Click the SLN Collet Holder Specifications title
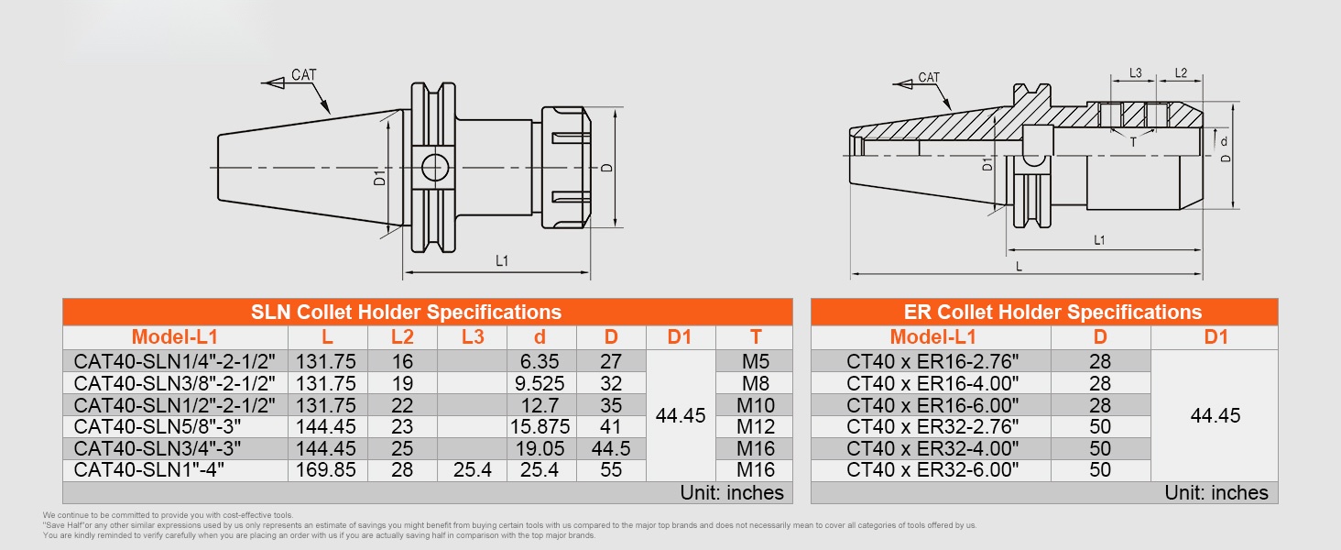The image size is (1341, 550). [x=406, y=313]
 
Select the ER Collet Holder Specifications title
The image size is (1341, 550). [x=1052, y=313]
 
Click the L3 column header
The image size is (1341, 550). [x=473, y=337]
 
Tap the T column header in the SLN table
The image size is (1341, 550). [x=756, y=337]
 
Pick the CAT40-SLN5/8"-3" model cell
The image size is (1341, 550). [x=158, y=426]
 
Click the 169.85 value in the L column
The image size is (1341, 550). [x=326, y=469]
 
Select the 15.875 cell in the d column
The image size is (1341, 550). [x=540, y=426]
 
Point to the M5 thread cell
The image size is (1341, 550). [x=756, y=361]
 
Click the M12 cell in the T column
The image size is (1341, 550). [x=756, y=426]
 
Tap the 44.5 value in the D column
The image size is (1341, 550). [x=611, y=448]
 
